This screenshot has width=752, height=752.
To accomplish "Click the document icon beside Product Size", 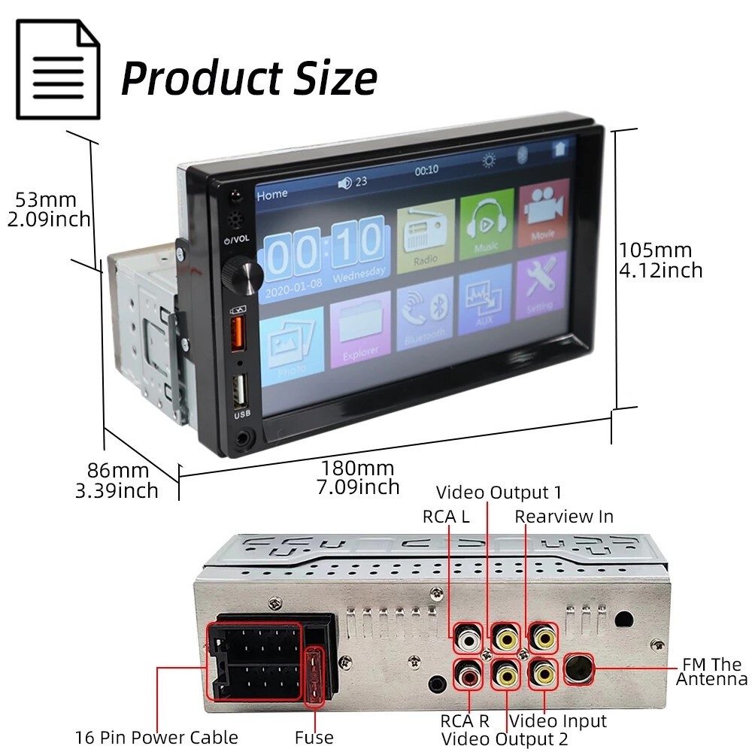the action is click(58, 69).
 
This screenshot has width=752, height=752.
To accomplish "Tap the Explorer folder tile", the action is click(360, 331).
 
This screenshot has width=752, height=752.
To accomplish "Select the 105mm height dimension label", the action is click(660, 259).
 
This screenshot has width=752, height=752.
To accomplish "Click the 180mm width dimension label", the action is click(358, 478).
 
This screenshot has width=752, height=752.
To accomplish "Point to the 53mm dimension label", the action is click(49, 210).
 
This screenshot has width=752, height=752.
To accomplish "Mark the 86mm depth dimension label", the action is click(117, 481).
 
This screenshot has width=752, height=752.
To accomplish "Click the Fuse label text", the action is click(314, 738).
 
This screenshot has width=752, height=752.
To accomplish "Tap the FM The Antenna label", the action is click(711, 672).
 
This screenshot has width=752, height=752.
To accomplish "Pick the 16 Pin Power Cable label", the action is click(156, 738).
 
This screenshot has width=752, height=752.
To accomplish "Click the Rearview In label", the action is click(564, 517).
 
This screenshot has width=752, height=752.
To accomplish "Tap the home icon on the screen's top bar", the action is click(559, 149).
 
